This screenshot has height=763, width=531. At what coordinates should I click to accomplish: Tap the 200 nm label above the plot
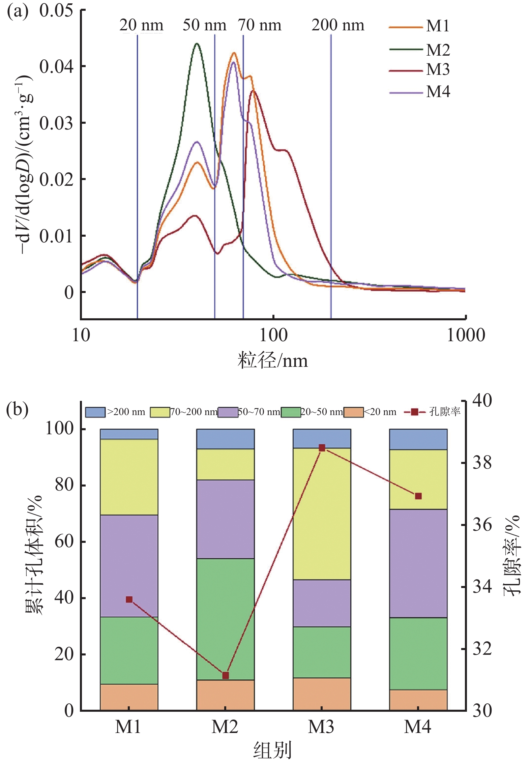338,25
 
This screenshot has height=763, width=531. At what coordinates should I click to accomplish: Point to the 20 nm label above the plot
141,25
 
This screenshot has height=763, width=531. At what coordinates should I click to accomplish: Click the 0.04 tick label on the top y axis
56,67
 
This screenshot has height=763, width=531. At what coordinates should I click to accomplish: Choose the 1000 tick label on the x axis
466,335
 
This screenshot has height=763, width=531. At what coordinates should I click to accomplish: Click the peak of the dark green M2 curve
197,43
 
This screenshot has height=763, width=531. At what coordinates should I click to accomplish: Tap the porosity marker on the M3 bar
322,448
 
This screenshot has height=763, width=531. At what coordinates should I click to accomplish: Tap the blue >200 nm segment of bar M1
129,434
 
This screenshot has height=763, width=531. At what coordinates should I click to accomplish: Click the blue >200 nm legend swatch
95,412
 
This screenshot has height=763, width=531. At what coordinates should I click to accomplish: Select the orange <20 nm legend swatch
353,412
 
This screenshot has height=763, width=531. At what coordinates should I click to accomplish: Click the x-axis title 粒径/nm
273,360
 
